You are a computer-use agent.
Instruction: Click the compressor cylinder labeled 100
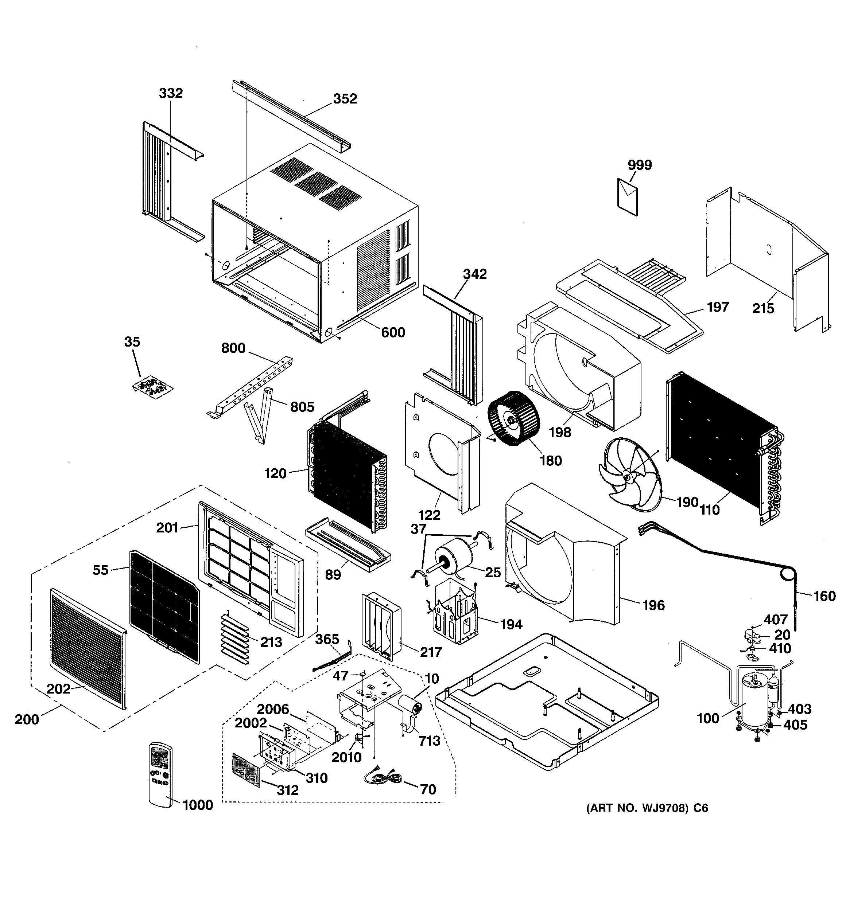pyautogui.click(x=754, y=706)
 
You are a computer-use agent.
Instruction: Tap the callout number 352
pyautogui.click(x=345, y=99)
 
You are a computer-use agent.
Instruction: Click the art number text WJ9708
pyautogui.click(x=663, y=808)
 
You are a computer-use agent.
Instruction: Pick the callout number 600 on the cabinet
pyautogui.click(x=393, y=333)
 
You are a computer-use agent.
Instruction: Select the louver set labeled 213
pyautogui.click(x=236, y=640)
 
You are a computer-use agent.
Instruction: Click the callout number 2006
pyautogui.click(x=273, y=709)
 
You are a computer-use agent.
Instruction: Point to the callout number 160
pyautogui.click(x=824, y=596)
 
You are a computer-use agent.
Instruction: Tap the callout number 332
pyautogui.click(x=171, y=93)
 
